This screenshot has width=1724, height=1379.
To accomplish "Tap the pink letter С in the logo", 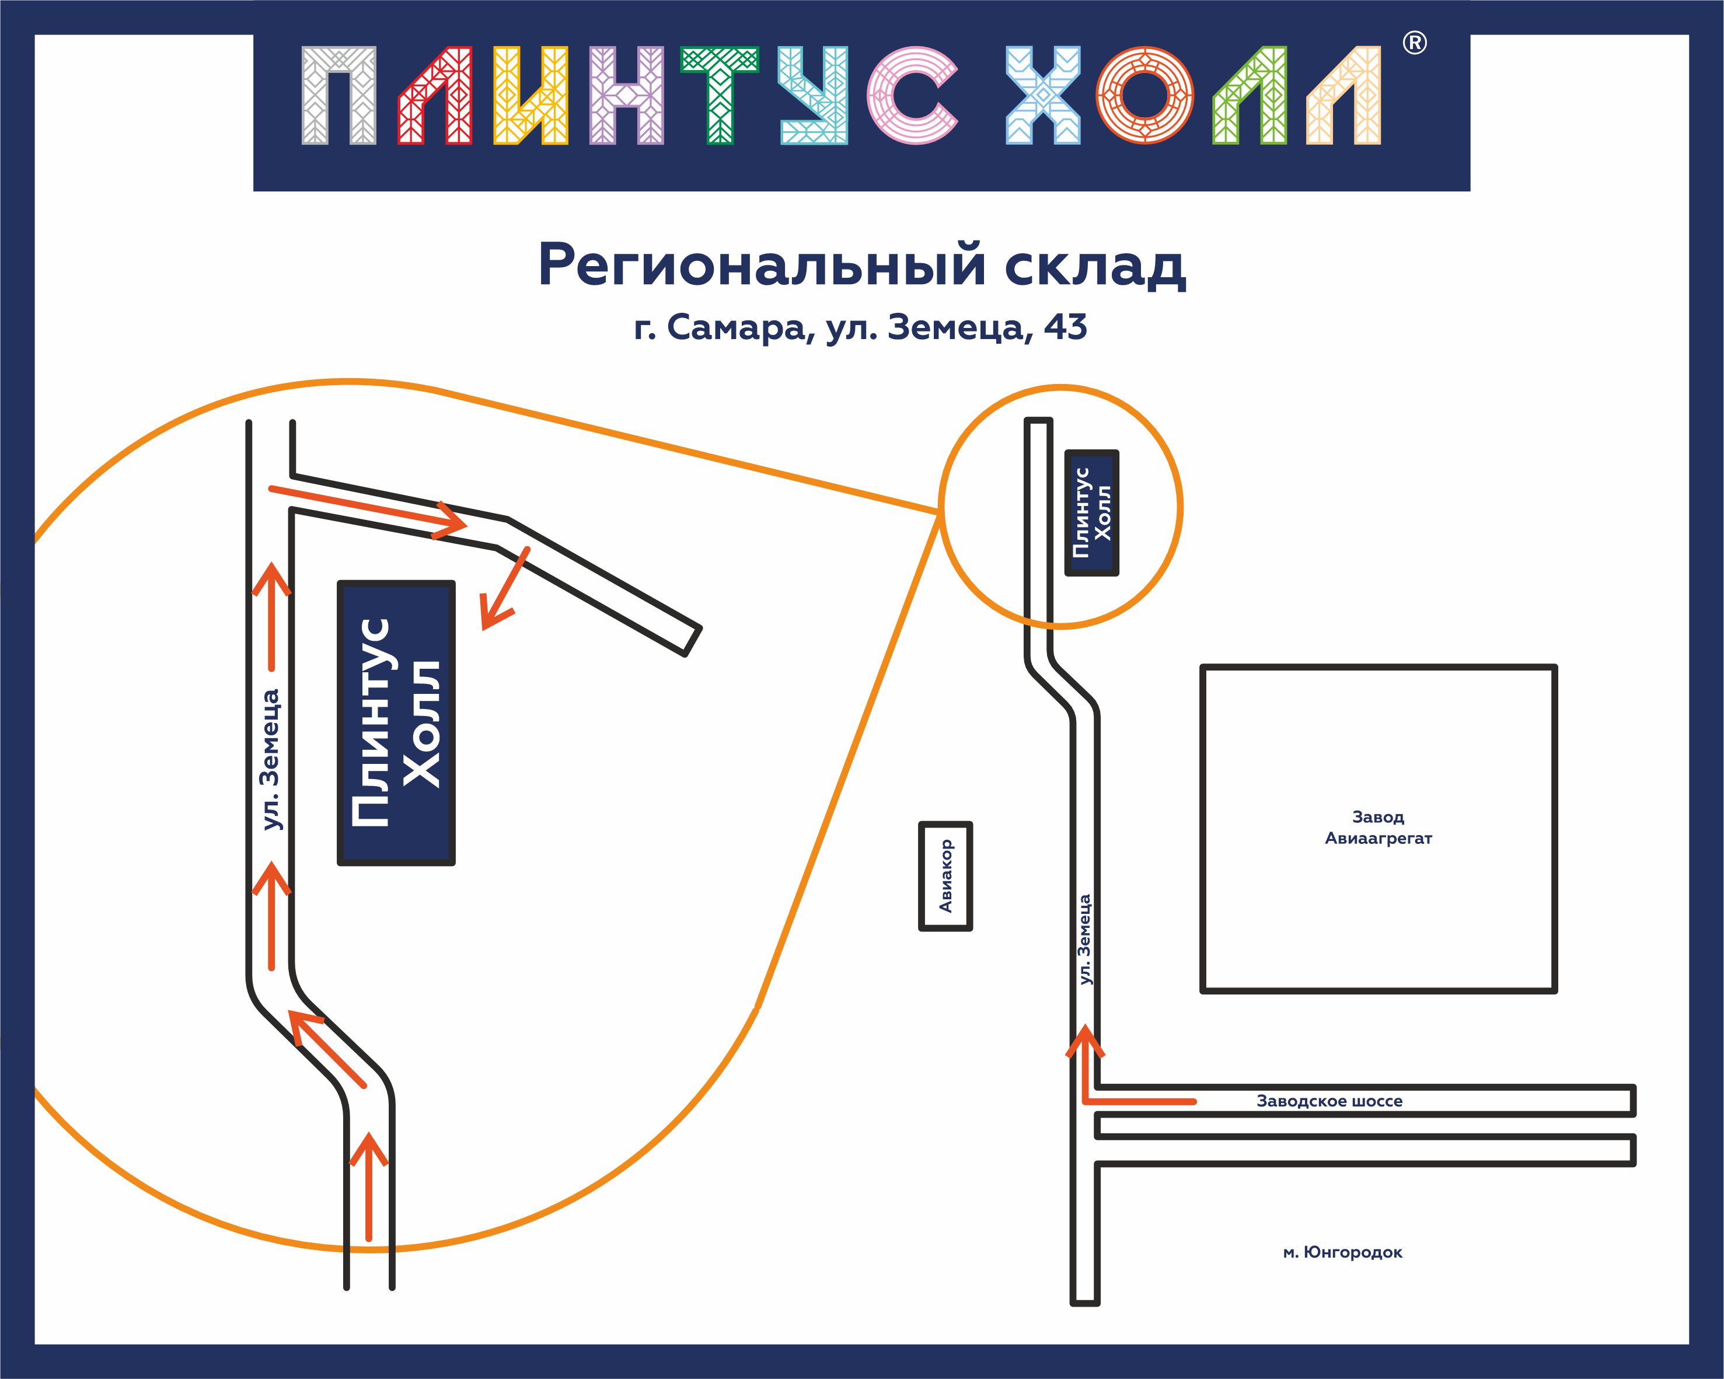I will [x=912, y=96].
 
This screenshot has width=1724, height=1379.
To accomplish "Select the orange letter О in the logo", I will [x=1144, y=96].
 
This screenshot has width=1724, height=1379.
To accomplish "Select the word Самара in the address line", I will [x=736, y=327].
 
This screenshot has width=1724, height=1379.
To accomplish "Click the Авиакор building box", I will [x=945, y=876].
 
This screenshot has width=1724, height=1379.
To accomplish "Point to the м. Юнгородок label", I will [x=1342, y=1253].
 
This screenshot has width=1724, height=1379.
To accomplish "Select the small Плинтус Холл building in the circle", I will [x=1091, y=512].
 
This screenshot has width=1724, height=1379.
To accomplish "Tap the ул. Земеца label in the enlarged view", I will [x=272, y=759].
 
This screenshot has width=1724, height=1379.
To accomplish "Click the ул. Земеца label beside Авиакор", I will [x=1084, y=940].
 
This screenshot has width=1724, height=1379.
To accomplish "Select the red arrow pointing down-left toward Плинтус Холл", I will [x=503, y=590].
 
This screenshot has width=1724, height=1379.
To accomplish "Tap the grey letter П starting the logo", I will [x=339, y=96].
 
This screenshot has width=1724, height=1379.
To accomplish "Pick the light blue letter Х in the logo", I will [x=1043, y=96].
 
